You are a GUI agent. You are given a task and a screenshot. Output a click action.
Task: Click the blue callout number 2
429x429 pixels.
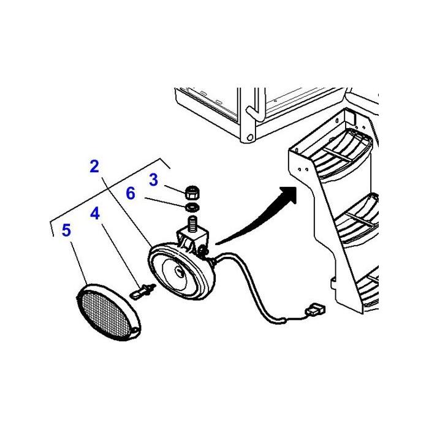[94, 167]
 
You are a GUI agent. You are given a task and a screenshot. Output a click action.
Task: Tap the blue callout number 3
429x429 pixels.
[154, 180]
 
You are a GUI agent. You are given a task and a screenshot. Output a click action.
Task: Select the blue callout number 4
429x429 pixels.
[95, 214]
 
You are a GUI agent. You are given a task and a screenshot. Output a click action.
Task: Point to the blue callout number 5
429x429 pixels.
[66, 230]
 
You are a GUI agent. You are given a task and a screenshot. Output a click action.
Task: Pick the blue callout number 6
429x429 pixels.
[131, 194]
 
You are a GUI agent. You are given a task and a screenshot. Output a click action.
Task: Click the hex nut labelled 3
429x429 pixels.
[192, 192]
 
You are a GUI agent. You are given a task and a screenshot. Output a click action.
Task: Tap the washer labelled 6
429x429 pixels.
[192, 207]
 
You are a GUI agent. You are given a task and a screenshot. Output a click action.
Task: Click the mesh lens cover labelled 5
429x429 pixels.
[108, 312]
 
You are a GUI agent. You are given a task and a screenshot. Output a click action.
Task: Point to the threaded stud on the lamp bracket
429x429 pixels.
[192, 222]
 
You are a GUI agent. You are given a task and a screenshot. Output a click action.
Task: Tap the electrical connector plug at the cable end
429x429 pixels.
[315, 310]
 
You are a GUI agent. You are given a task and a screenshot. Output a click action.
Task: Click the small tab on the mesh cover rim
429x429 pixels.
[135, 330]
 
